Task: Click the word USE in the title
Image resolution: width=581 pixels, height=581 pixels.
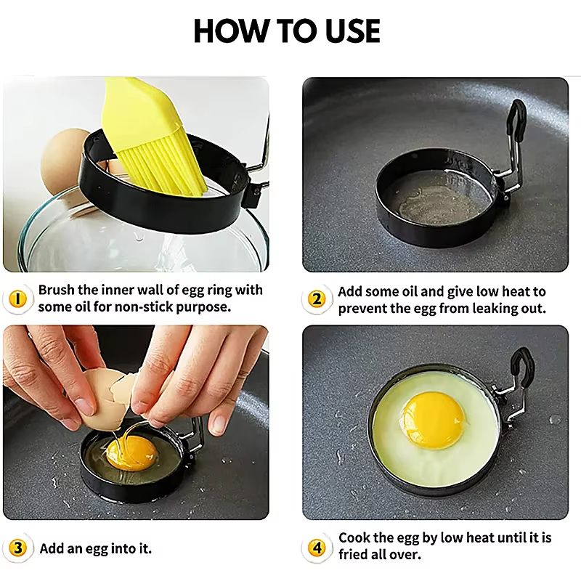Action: click(x=352, y=31)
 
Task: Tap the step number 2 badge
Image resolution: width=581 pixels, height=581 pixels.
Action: click(x=317, y=299)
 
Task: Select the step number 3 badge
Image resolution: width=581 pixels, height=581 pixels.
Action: click(x=20, y=548)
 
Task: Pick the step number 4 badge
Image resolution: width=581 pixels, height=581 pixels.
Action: click(x=317, y=548)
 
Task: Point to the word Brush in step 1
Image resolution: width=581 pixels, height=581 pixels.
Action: click(x=57, y=290)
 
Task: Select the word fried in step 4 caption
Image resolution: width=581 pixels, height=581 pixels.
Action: click(x=355, y=554)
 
